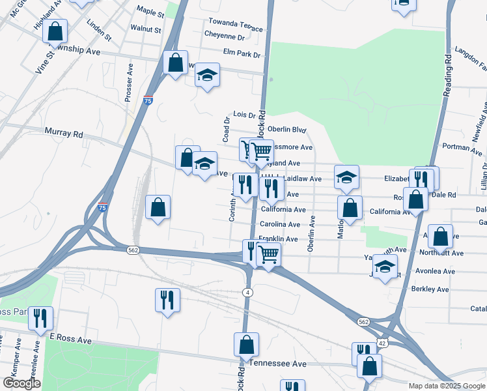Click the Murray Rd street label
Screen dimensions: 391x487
click(x=64, y=134)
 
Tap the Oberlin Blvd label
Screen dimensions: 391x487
click(x=286, y=129)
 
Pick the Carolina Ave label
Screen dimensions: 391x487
click(x=280, y=224)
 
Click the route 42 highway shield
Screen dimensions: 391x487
click(x=381, y=342)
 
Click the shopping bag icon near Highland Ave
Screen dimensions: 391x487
click(x=56, y=30)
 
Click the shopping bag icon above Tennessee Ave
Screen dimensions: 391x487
click(x=247, y=344)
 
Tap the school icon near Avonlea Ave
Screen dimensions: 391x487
click(x=385, y=267)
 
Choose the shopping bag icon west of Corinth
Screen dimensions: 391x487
click(x=158, y=208)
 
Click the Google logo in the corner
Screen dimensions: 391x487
click(x=21, y=383)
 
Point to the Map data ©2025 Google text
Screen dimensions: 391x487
click(x=447, y=386)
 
